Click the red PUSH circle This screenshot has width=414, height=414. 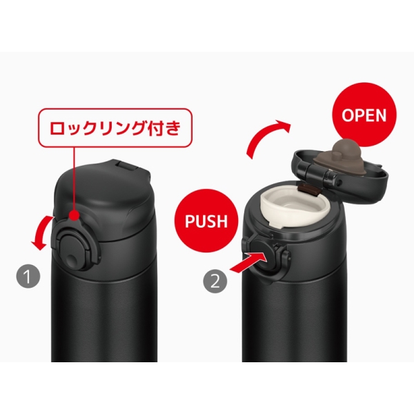coord(206,221)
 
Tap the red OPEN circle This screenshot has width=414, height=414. coord(364,115)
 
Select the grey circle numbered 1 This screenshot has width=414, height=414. coord(28,276)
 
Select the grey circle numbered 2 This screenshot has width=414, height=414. coord(215,281)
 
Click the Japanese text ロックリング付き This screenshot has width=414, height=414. coord(115,128)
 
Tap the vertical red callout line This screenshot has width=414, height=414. coord(74,179)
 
